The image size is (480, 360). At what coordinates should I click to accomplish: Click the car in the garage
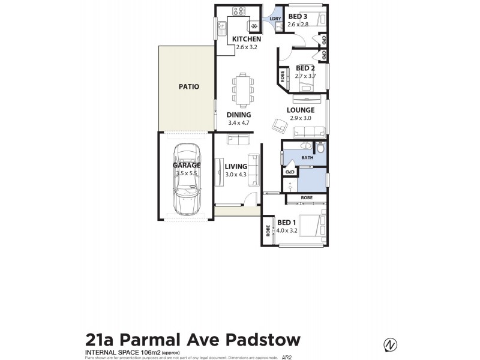point(186,180)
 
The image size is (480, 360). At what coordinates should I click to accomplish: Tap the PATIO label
point(188,86)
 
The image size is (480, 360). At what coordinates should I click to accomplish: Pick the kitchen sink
point(221,25)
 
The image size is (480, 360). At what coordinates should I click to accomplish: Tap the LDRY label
point(275,19)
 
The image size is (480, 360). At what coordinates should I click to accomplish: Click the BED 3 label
point(298,16)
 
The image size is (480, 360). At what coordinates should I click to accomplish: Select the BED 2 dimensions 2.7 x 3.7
point(305,76)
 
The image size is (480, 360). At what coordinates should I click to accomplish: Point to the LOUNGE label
point(301,110)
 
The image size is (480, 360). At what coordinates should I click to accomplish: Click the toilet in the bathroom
point(320,148)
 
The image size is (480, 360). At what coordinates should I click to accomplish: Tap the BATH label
point(307,158)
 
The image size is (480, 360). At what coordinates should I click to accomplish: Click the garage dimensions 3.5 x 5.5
point(186,173)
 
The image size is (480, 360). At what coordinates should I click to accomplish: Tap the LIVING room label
point(236,166)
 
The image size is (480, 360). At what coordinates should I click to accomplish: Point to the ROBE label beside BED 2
point(282,76)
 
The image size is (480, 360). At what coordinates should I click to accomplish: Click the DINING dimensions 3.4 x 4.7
point(238,123)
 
